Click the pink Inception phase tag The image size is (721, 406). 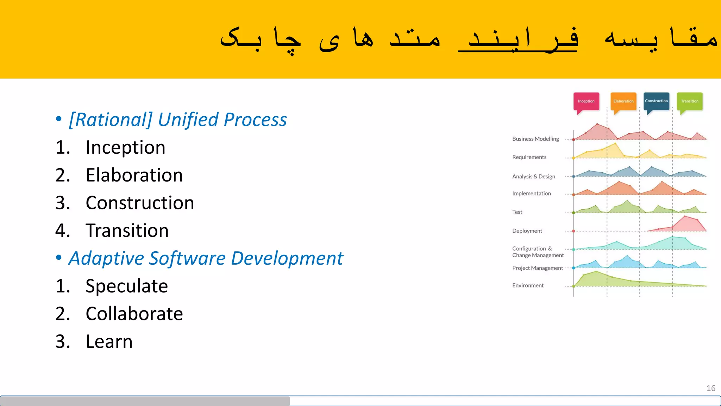pos(586,101)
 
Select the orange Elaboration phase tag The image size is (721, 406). pos(623,101)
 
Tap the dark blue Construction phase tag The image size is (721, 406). pos(656,101)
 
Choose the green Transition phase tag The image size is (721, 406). pos(689,101)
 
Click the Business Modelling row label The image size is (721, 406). pos(535,139)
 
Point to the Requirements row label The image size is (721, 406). pos(529,157)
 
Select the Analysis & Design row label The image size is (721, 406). pos(533,177)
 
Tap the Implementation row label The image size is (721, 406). pos(531,193)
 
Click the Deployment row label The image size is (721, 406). pos(527,231)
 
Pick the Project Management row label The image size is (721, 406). pos(538,268)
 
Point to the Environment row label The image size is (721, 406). pos(528,285)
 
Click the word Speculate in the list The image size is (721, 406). pos(127,286)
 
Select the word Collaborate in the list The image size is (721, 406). pos(134,314)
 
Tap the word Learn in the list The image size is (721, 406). pos(109,342)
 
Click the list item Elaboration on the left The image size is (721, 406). pos(134,175)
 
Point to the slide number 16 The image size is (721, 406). pos(711,388)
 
